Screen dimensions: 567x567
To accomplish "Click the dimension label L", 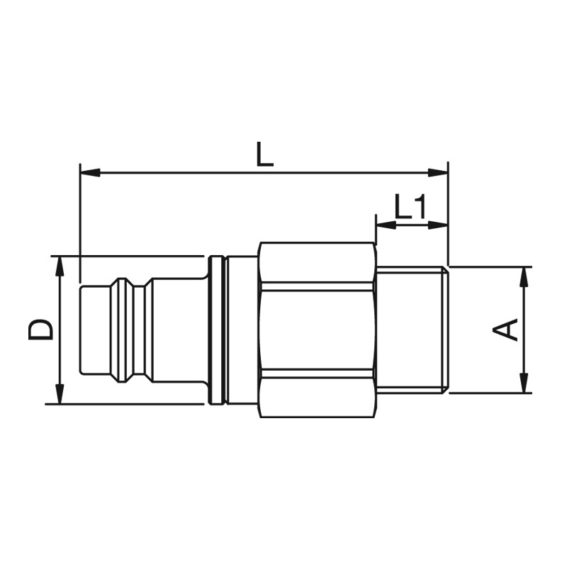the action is click(264, 155).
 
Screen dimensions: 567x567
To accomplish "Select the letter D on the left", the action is click(40, 330).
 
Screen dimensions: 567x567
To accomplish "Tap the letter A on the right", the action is click(505, 330).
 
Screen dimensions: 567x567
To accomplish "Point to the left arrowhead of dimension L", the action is click(90, 173).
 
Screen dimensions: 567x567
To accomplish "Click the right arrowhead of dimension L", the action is click(438, 173).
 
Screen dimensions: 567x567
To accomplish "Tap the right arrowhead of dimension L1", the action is click(438, 225).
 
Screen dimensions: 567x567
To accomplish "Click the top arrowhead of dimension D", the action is click(60, 266).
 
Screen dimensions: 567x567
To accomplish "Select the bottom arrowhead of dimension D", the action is click(60, 393).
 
